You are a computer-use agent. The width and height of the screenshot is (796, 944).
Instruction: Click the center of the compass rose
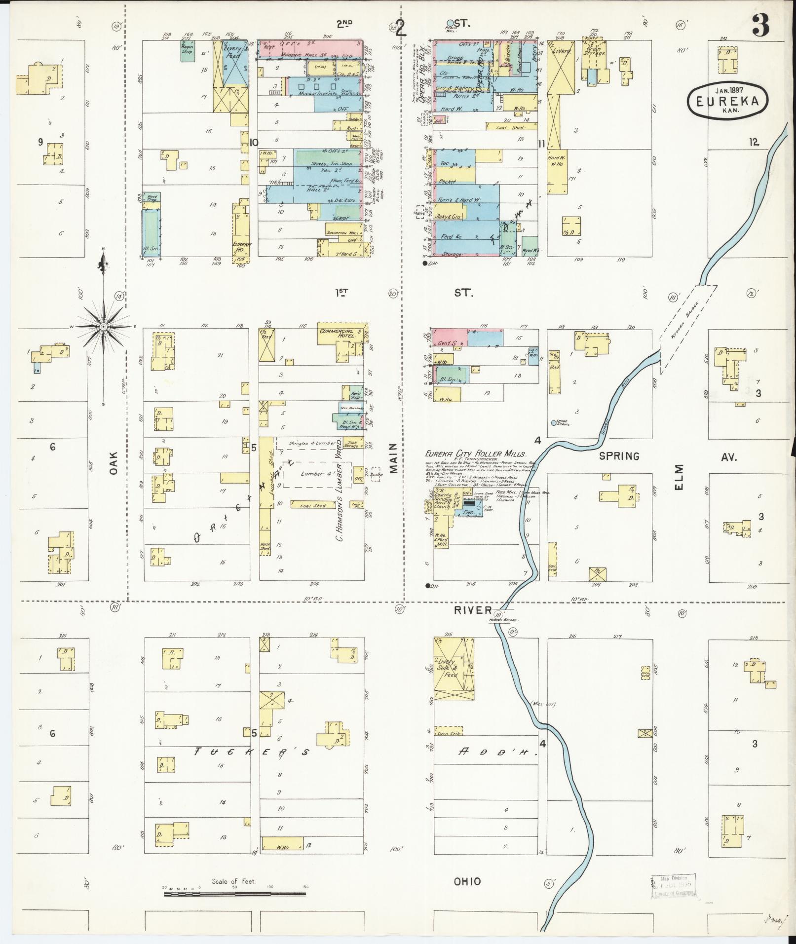[103, 327]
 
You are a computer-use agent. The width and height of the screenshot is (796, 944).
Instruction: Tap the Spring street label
[619, 455]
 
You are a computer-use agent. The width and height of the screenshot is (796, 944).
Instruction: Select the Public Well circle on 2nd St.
[450, 23]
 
